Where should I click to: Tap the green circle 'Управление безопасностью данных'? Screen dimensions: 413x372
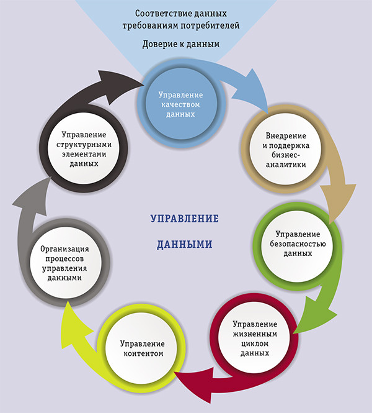click(x=298, y=244)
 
